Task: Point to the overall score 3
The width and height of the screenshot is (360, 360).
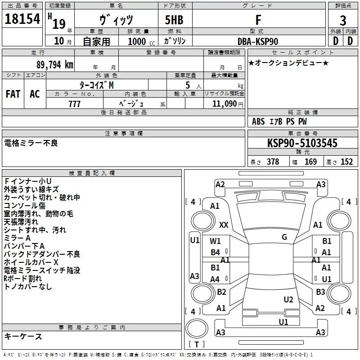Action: [x=343, y=21]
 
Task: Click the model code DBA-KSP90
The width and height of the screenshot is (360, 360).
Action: [x=258, y=41]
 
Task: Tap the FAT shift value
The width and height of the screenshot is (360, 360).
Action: [x=13, y=94]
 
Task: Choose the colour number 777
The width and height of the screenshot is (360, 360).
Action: [x=75, y=104]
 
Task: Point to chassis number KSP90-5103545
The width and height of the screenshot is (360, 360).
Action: [x=302, y=143]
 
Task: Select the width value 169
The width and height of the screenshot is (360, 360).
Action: [x=310, y=162]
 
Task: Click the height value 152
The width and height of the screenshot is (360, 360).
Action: [x=346, y=162]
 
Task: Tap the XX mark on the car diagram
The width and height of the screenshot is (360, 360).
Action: [x=224, y=225]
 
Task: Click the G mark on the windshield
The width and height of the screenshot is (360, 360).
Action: [x=284, y=237]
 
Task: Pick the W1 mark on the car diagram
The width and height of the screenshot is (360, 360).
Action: [x=216, y=241]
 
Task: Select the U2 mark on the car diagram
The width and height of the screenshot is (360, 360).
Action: [x=288, y=300]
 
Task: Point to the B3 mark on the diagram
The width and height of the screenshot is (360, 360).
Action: [x=320, y=292]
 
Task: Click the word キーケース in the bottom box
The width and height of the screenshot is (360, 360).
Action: [x=23, y=336]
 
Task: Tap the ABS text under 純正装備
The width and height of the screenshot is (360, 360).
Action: [x=258, y=121]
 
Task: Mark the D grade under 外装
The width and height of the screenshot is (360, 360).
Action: [x=335, y=41]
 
